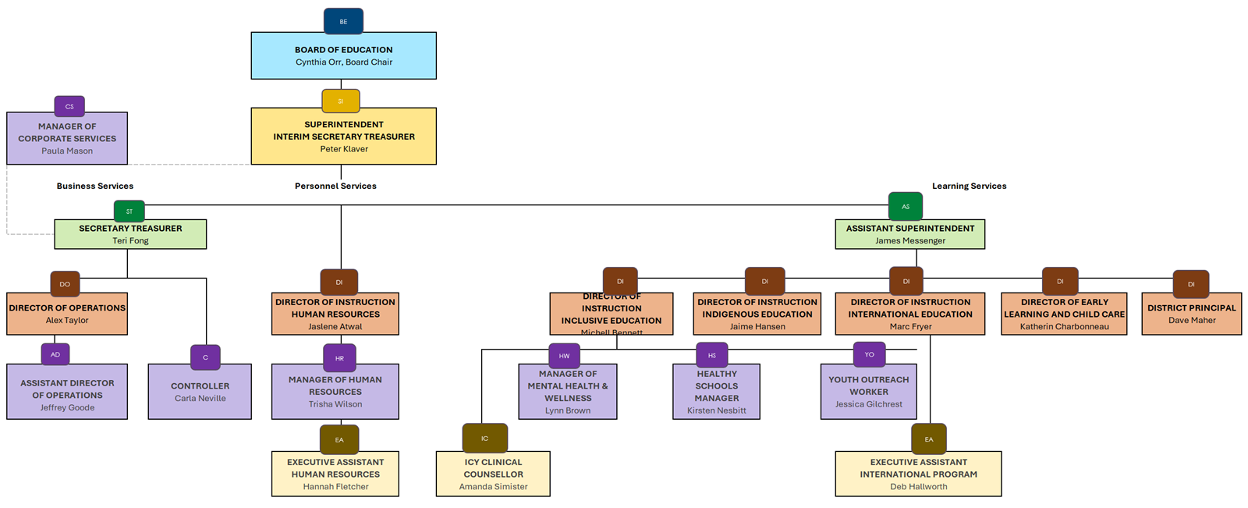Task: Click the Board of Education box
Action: [x=343, y=55]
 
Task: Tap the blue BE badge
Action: [x=343, y=22]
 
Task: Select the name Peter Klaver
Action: [x=343, y=149]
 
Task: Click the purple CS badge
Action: [x=69, y=106]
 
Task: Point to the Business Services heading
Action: [x=95, y=186]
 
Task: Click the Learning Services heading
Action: [x=969, y=186]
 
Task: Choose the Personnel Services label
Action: [x=335, y=186]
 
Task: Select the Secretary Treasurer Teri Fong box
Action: [x=130, y=234]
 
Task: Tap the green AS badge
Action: [x=905, y=207]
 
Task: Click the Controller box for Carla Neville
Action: [x=200, y=392]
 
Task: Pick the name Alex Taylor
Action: [x=67, y=320]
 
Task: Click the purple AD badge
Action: [x=55, y=354]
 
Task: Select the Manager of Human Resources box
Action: [x=335, y=392]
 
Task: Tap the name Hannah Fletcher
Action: [x=335, y=486]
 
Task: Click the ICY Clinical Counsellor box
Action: [x=493, y=474]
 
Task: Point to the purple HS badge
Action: [x=711, y=355]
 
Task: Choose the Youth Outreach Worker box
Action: [x=868, y=392]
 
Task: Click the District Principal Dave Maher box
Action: [x=1191, y=314]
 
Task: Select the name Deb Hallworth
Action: [x=918, y=486]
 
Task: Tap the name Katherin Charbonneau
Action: [x=1064, y=326]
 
